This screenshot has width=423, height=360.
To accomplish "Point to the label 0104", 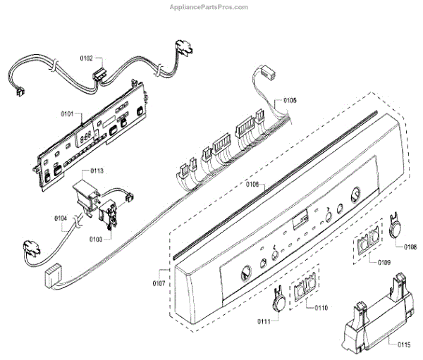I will point(61,219).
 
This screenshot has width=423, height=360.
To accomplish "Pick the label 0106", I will point(252,185).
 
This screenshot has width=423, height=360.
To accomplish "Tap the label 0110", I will point(321,308).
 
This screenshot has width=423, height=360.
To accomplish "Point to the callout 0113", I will point(97,170).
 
